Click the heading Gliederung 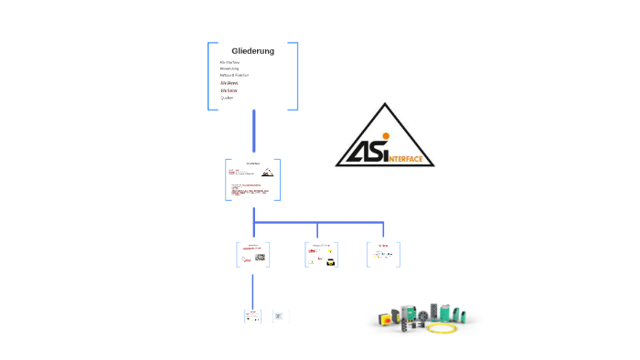252,51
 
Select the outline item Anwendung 229,69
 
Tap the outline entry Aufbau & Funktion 234,75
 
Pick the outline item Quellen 227,98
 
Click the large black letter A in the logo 356,152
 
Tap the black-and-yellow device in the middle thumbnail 331,262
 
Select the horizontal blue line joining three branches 317,221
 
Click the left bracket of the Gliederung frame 209,76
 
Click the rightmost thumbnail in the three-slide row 383,254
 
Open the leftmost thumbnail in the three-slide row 253,254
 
